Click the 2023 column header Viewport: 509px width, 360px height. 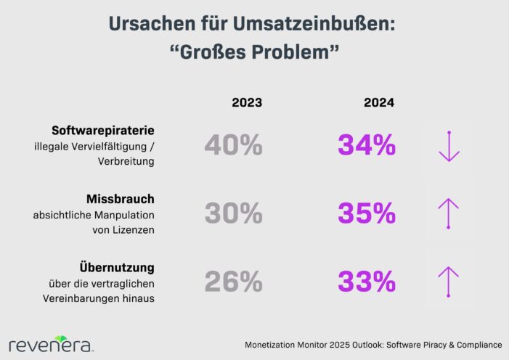(x=246, y=103)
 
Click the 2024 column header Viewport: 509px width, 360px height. (x=378, y=103)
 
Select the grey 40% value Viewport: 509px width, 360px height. (x=233, y=146)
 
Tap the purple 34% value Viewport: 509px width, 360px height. (x=367, y=146)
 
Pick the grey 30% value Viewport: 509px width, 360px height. (x=233, y=213)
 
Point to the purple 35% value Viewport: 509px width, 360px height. (x=367, y=213)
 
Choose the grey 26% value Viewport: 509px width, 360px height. (x=233, y=280)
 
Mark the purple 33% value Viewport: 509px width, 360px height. (x=367, y=280)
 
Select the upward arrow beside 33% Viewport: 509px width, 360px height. (x=449, y=281)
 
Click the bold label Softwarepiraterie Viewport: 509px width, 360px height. (x=104, y=131)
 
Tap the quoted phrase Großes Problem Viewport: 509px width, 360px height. (x=253, y=53)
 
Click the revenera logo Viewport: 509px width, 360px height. (x=50, y=343)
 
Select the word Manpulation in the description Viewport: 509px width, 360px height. (x=124, y=215)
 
